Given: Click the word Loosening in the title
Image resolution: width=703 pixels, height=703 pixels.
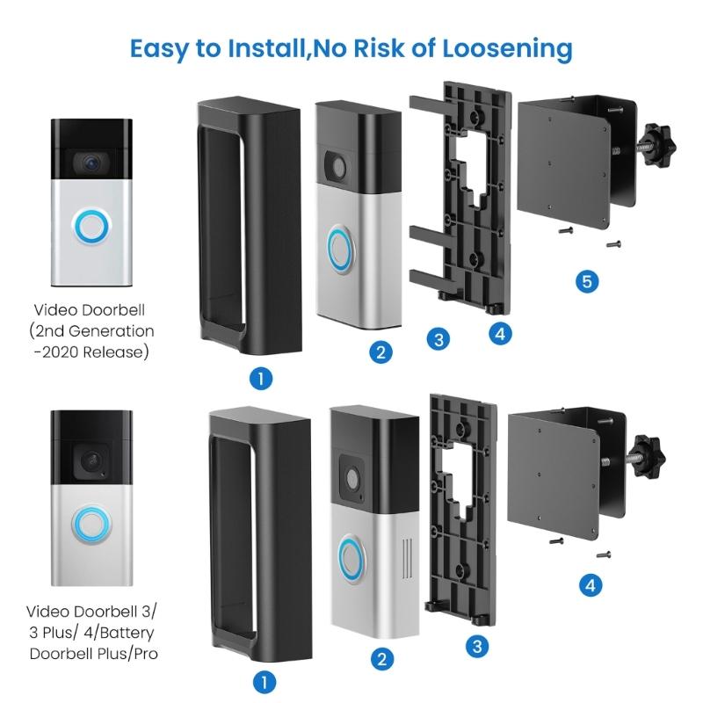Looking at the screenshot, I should pyautogui.click(x=498, y=47).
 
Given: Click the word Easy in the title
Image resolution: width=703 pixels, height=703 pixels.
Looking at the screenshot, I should pyautogui.click(x=163, y=47).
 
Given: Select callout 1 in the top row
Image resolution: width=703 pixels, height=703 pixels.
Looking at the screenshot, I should pyautogui.click(x=260, y=379).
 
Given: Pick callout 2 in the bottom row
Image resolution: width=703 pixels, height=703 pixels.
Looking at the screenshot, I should pyautogui.click(x=381, y=659).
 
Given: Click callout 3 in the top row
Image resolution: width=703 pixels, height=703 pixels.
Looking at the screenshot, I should pyautogui.click(x=438, y=339).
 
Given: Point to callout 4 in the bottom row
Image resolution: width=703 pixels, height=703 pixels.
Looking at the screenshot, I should pyautogui.click(x=591, y=585).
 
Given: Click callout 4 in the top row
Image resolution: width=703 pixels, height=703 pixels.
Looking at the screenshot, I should pyautogui.click(x=497, y=333).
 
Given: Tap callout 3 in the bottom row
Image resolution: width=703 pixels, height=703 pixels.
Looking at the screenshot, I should pyautogui.click(x=475, y=647).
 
